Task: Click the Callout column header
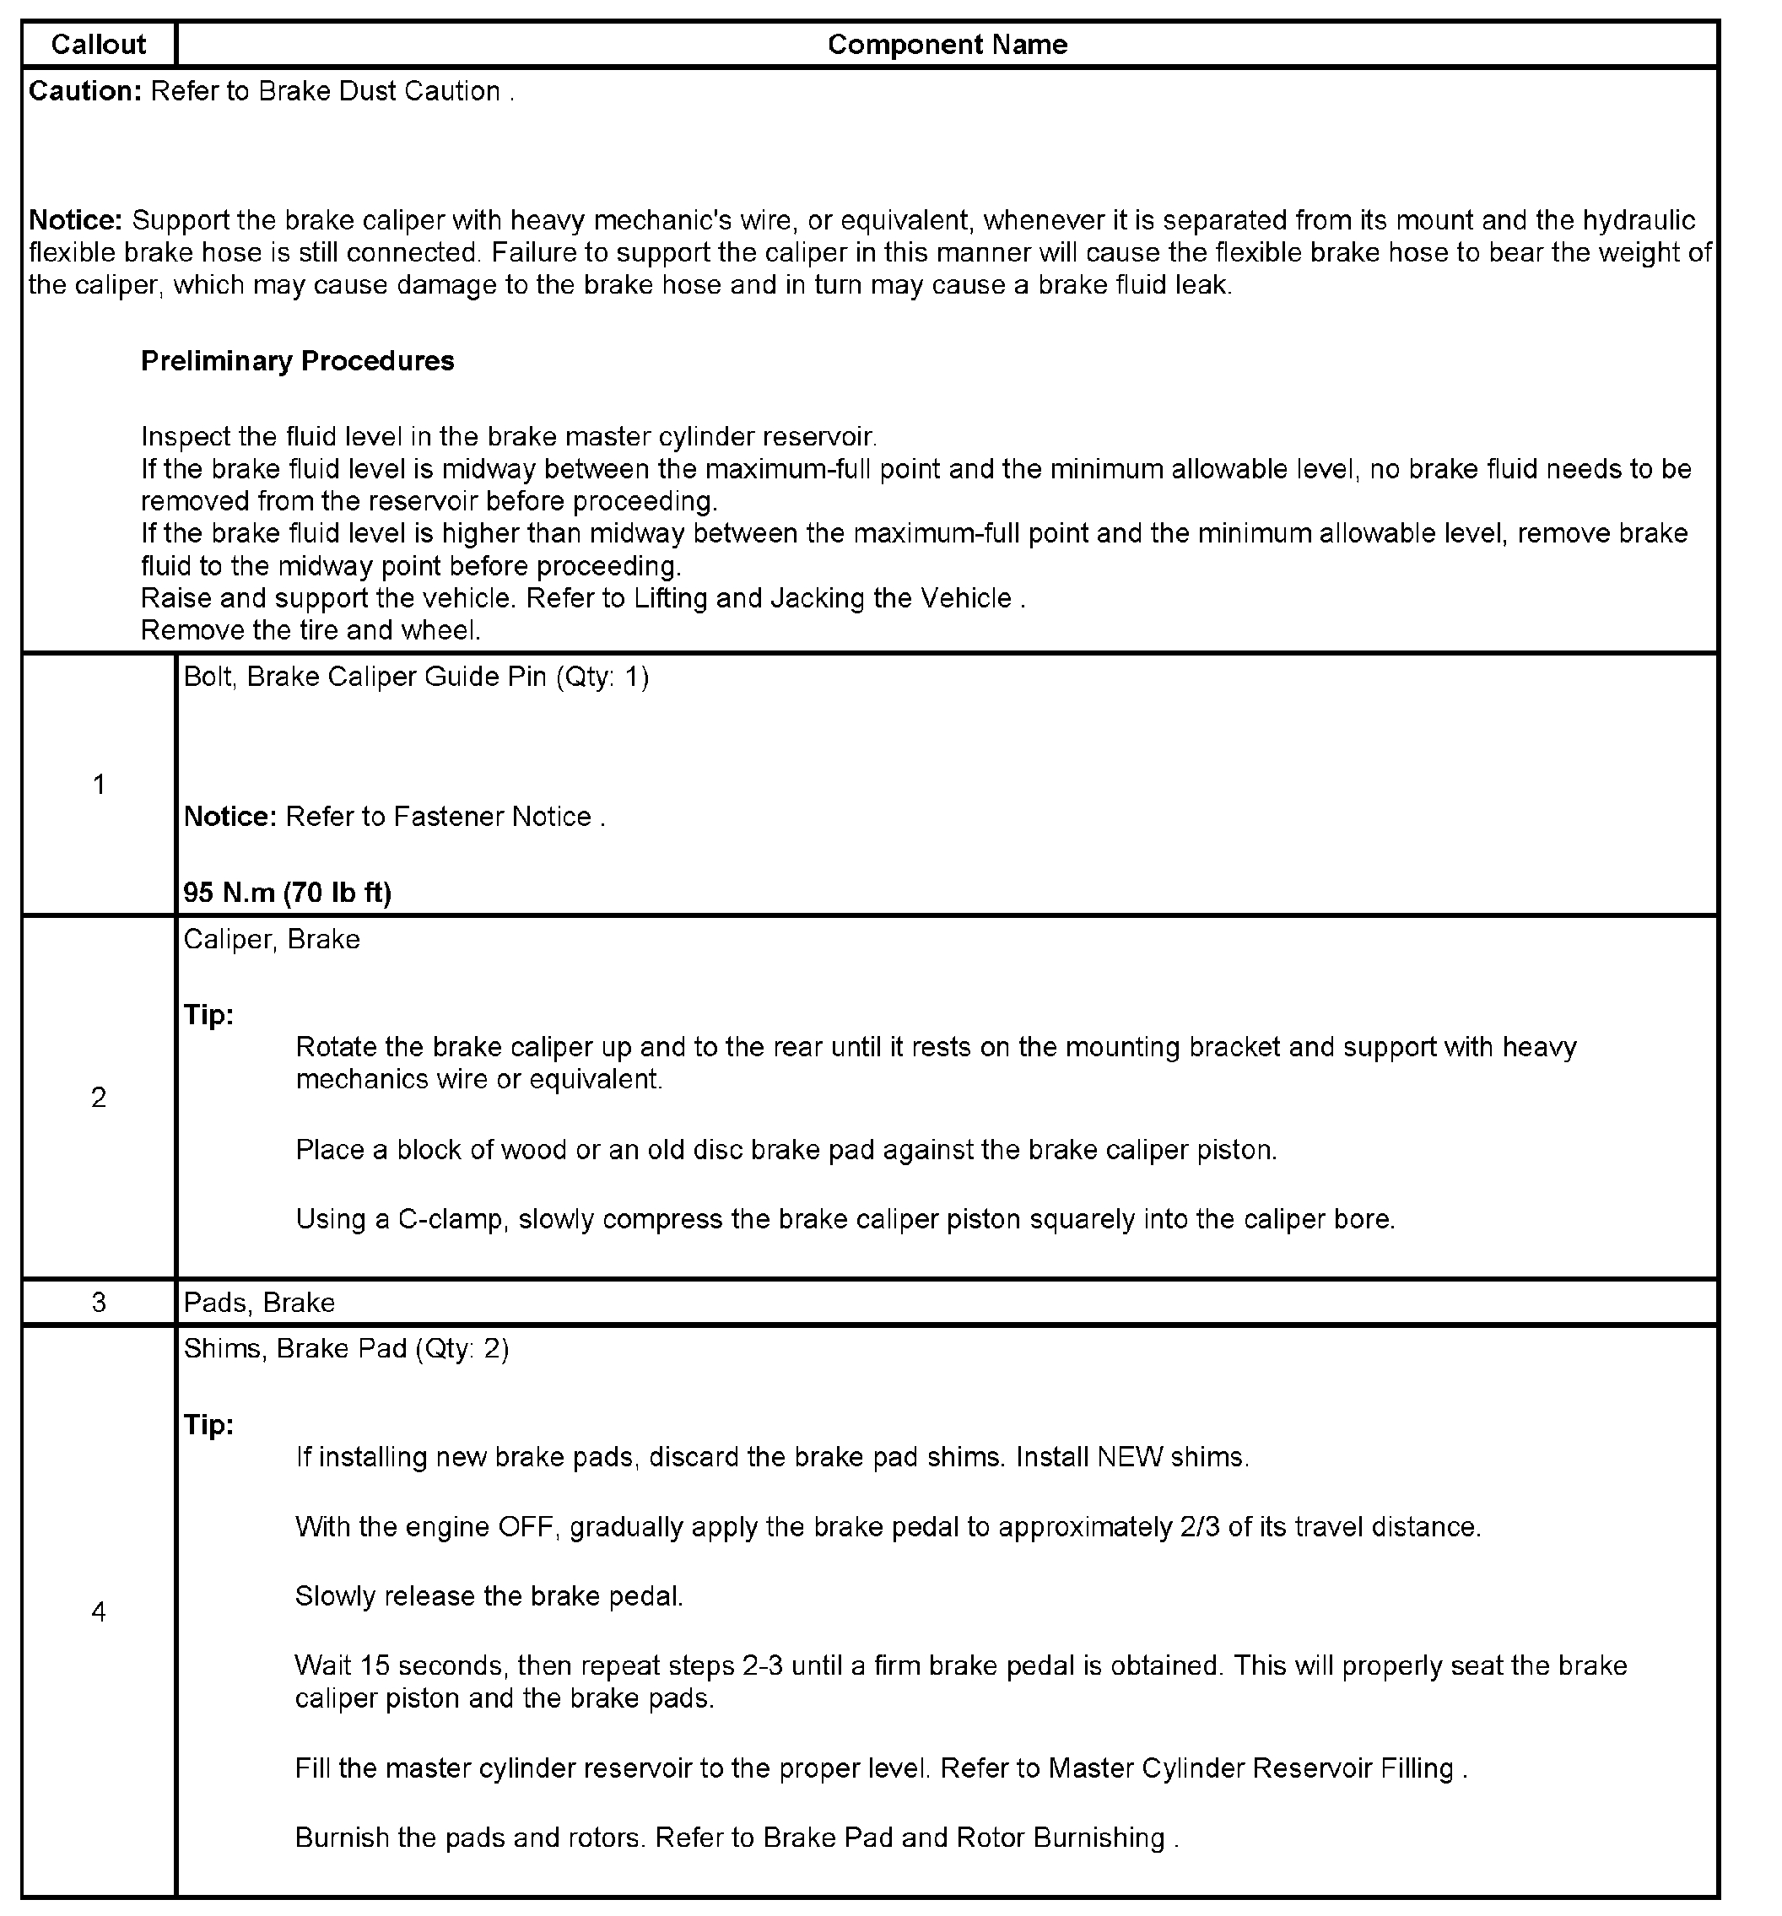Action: pos(99,45)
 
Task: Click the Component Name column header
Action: pos(947,45)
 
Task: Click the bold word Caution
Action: pos(85,90)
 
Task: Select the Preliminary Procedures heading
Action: pos(297,360)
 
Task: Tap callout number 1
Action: pos(99,785)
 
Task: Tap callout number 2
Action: pos(99,1097)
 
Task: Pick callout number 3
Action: pos(99,1302)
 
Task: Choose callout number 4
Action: pos(99,1611)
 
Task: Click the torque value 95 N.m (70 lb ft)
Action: pos(287,893)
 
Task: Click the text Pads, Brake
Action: pos(259,1302)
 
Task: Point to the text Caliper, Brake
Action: pos(272,939)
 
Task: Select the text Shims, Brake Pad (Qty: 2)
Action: pos(346,1347)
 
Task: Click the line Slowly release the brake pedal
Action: pos(489,1596)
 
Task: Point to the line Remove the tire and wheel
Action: pos(310,630)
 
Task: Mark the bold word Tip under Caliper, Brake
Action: pos(208,1015)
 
